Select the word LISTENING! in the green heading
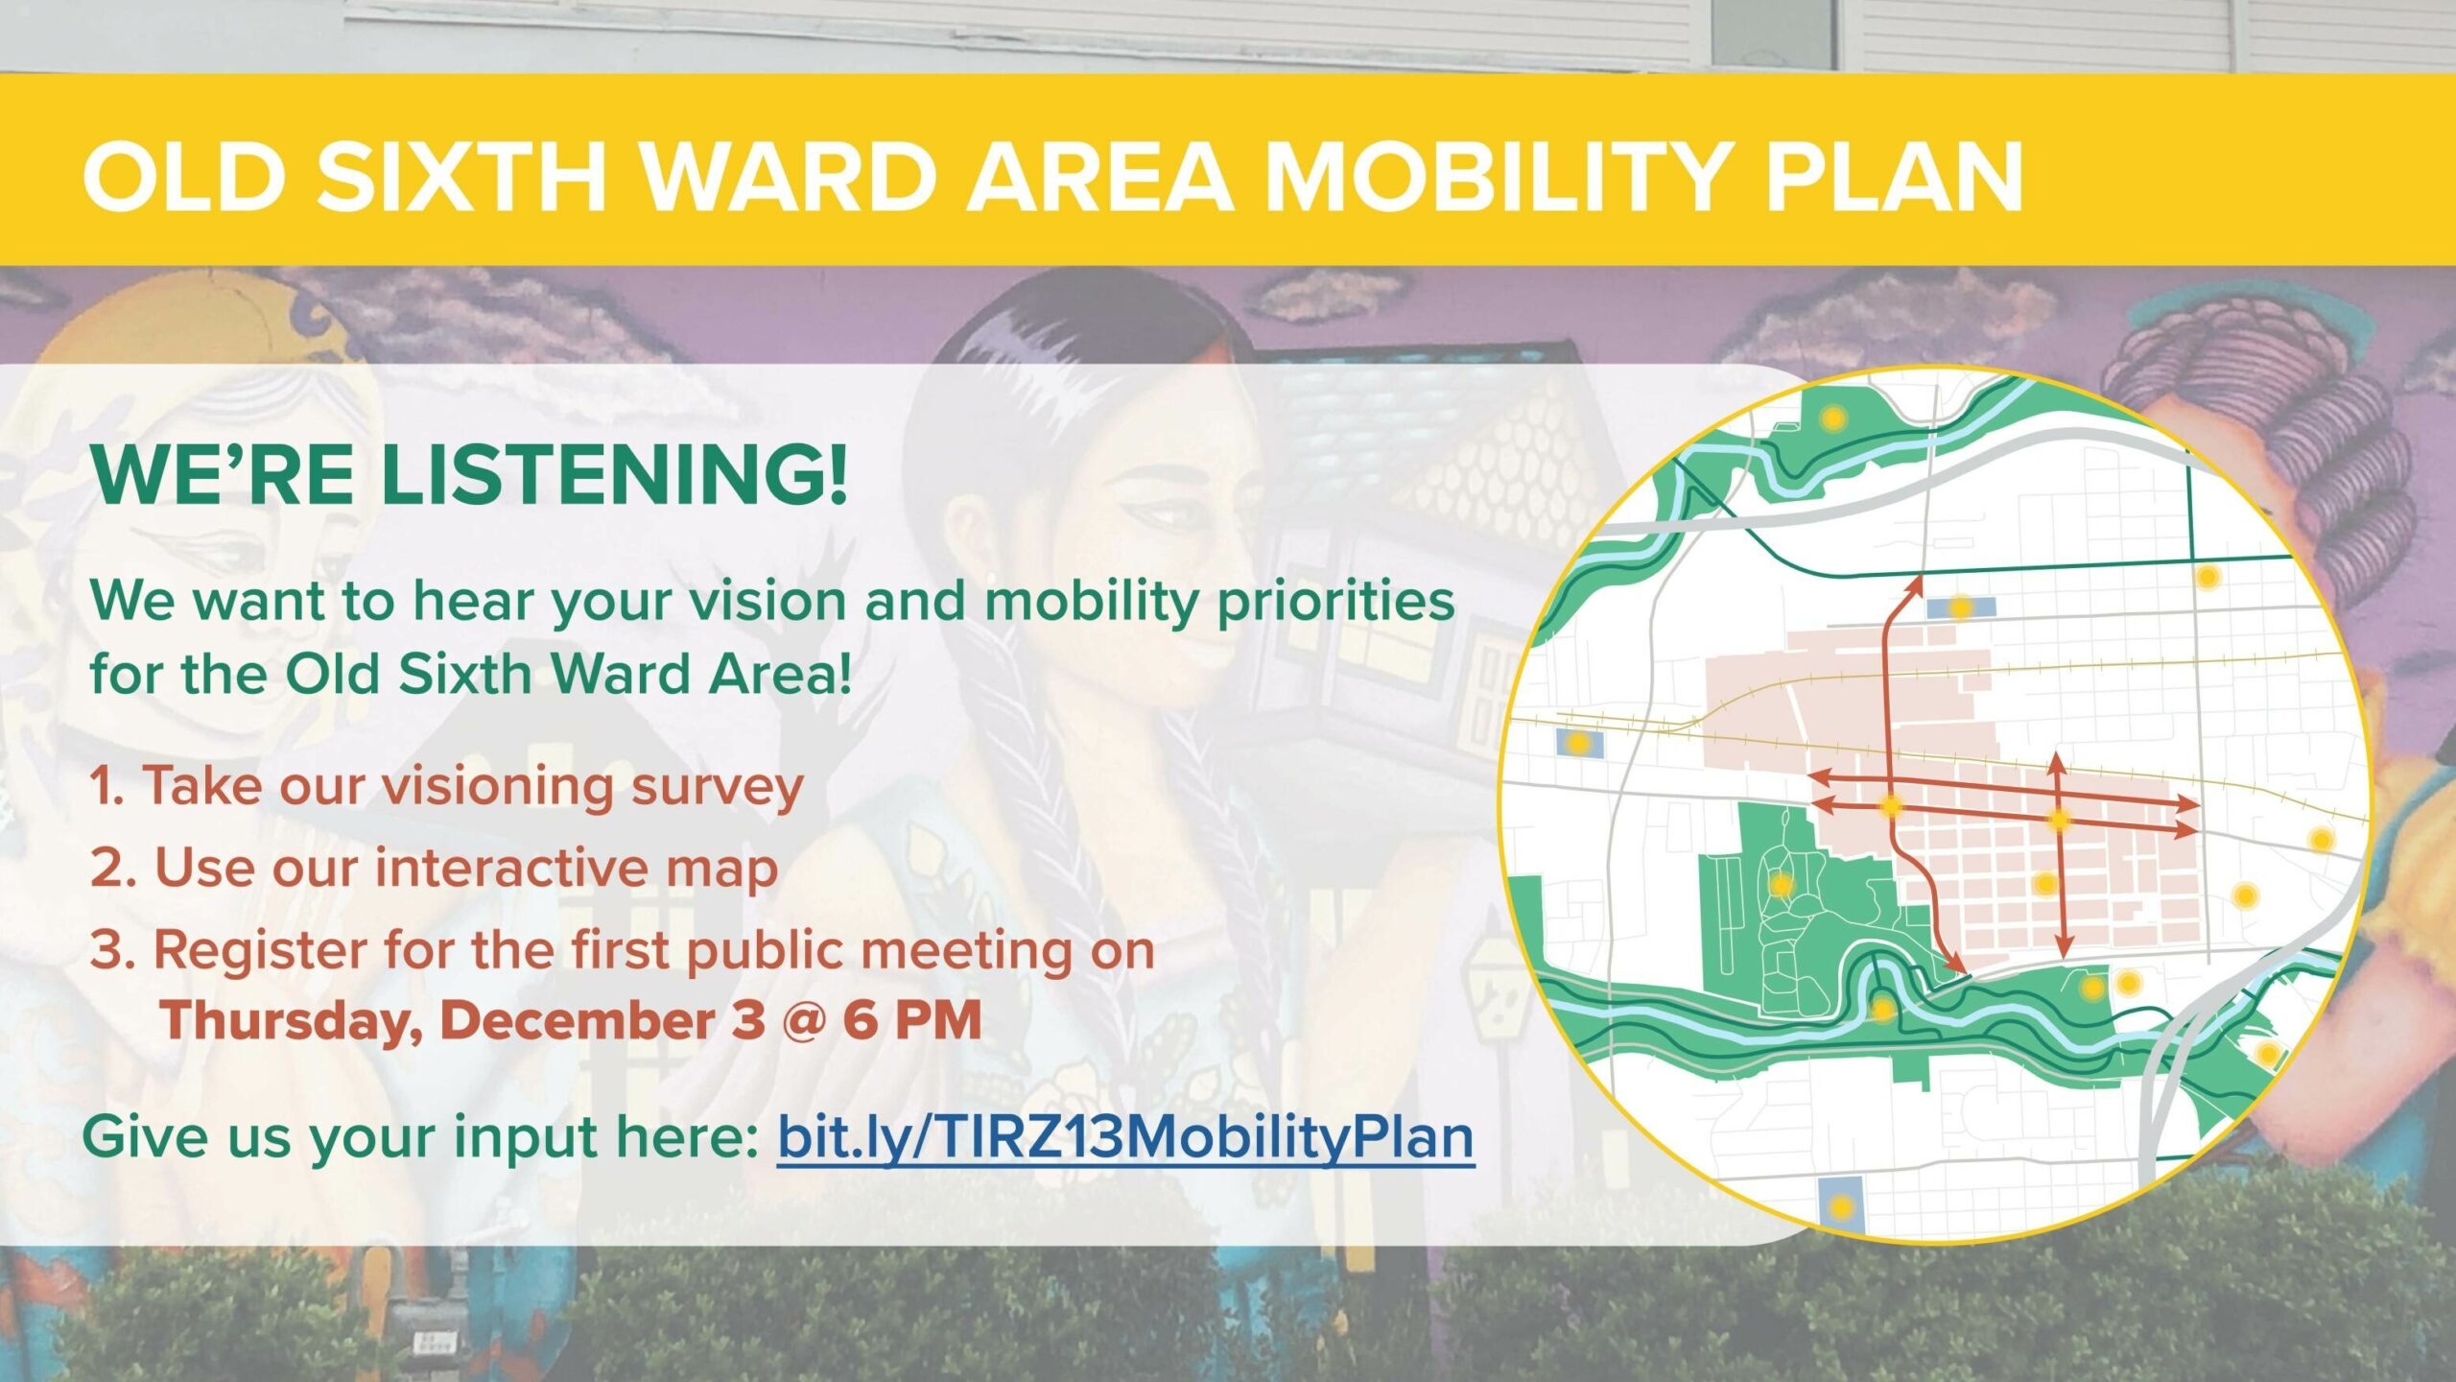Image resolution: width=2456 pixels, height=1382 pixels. click(615, 474)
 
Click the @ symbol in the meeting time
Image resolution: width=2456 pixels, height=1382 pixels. click(803, 1019)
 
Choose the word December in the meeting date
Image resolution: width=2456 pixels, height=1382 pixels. click(577, 1019)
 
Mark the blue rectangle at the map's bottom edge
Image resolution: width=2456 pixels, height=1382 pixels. click(1840, 1204)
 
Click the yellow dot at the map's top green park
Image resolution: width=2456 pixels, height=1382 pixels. click(1832, 417)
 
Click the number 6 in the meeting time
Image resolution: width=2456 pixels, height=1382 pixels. click(860, 1019)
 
